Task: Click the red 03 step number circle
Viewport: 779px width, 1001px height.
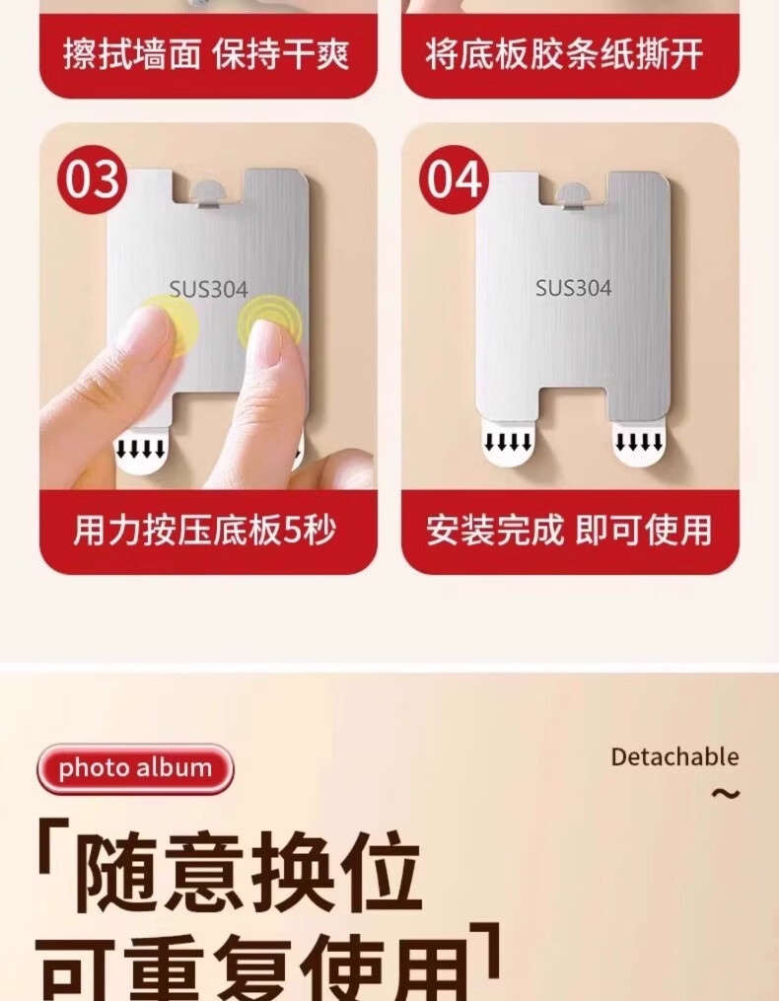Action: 92,179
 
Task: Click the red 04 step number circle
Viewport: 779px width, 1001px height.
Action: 454,179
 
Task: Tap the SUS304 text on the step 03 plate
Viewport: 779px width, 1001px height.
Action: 208,290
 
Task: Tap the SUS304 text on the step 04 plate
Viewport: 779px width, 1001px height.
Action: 573,288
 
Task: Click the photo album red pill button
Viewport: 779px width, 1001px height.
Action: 135,768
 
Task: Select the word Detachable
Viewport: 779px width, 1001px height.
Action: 674,757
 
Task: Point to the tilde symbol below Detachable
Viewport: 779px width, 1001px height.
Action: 726,794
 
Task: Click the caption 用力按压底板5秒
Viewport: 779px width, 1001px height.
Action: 204,531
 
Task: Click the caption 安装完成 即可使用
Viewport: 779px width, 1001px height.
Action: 569,531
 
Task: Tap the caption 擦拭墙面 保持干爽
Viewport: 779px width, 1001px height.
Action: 206,53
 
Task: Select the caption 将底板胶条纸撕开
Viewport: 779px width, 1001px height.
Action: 564,53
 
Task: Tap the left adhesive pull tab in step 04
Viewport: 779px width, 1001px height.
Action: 508,445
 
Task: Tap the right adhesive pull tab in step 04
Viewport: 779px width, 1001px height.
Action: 639,445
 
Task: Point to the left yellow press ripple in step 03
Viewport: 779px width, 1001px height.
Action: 169,325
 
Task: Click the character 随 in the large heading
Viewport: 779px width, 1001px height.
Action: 118,872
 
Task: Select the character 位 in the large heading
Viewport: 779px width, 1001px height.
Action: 380,872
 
